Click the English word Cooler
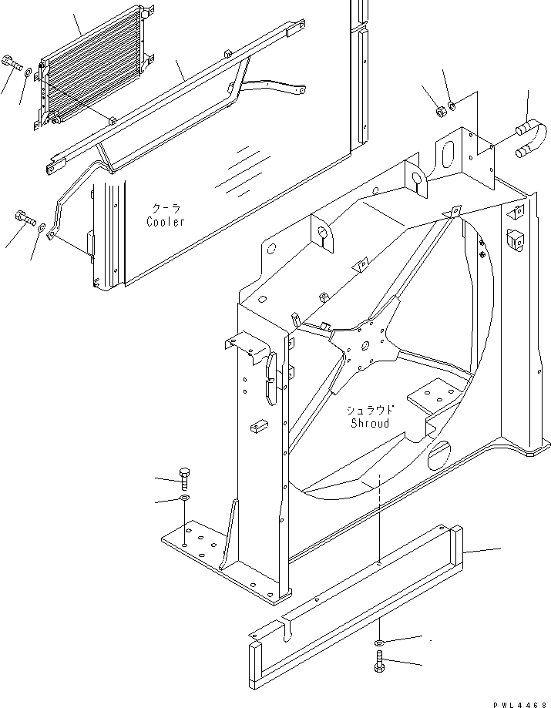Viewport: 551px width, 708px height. point(165,222)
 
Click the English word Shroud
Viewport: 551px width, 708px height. point(370,423)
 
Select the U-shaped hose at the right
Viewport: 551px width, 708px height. point(532,138)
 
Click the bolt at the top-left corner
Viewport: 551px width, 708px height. point(12,62)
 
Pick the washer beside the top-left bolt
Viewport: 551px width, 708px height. point(28,72)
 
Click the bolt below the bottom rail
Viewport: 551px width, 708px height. point(378,661)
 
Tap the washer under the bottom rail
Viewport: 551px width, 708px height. point(378,643)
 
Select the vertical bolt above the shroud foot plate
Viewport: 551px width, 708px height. point(185,479)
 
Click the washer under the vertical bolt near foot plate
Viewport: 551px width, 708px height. point(184,498)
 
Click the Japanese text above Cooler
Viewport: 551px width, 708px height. point(166,209)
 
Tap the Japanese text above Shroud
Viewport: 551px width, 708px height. point(370,410)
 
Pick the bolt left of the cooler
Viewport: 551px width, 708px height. point(25,218)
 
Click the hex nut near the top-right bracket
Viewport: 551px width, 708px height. point(442,111)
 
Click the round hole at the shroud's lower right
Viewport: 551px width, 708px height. point(438,455)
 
